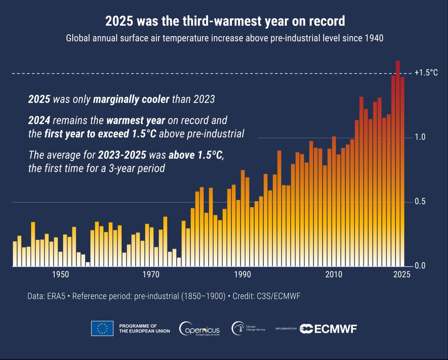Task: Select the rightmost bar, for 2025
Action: tap(402, 172)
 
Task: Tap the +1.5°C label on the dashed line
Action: tap(426, 73)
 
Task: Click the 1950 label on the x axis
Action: tap(60, 275)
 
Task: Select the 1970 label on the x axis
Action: tap(152, 275)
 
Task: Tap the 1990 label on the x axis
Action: tap(243, 275)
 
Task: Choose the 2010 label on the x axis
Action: tap(334, 275)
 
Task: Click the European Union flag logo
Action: tap(102, 328)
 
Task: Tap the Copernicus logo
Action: tap(199, 328)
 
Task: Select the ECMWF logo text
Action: tap(329, 329)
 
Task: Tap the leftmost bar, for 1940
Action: tap(15, 254)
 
